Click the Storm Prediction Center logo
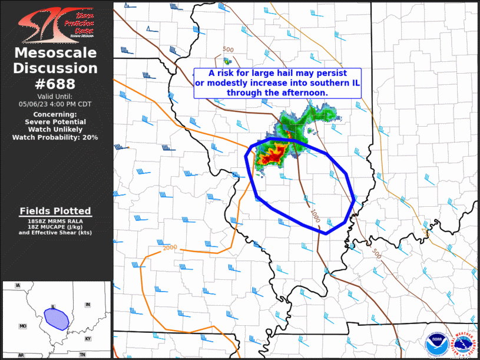pyautogui.click(x=56, y=24)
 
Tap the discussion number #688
pyautogui.click(x=55, y=84)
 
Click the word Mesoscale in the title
pyautogui.click(x=55, y=53)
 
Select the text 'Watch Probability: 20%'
pyautogui.click(x=55, y=137)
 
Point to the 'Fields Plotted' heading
pyautogui.click(x=55, y=211)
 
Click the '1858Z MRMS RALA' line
pyautogui.click(x=55, y=220)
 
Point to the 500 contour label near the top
pyautogui.click(x=229, y=49)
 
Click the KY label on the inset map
pyautogui.click(x=88, y=339)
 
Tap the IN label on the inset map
pyautogui.click(x=88, y=305)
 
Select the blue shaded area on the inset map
pyautogui.click(x=57, y=319)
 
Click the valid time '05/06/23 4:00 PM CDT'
pyautogui.click(x=55, y=104)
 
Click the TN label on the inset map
pyautogui.click(x=82, y=355)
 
